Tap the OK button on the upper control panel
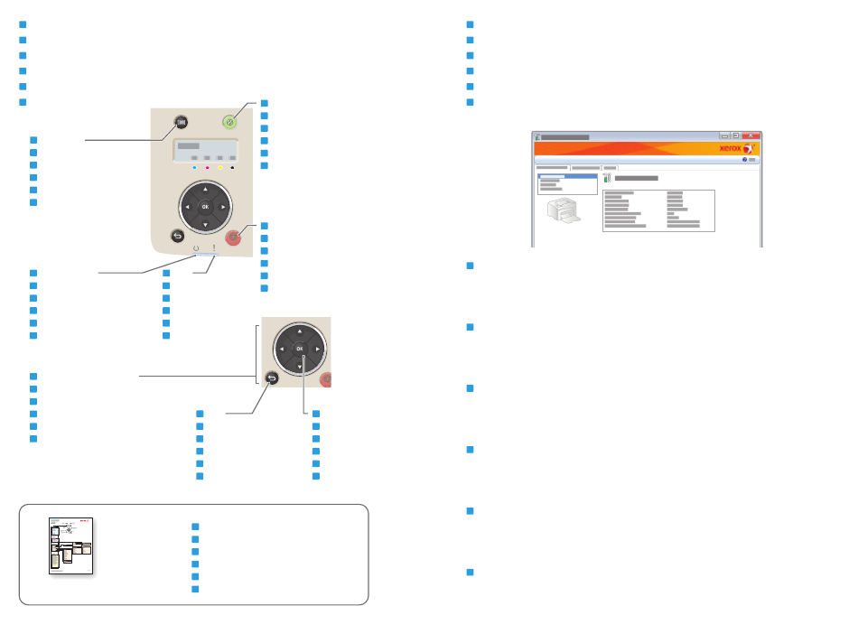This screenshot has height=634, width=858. (204, 207)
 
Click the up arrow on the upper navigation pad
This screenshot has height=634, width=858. (204, 189)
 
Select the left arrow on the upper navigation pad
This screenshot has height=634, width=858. (186, 207)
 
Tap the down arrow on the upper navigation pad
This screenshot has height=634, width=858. (204, 225)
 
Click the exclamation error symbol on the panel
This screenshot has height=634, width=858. (214, 247)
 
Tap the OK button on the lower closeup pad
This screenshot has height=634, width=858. (298, 348)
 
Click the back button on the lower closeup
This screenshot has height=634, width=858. (272, 379)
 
